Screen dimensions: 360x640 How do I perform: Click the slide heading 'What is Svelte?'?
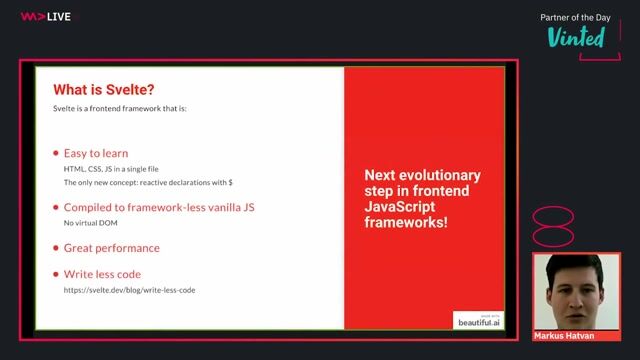103,87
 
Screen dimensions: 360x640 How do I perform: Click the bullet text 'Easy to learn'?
96,154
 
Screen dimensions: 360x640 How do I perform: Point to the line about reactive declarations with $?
148,183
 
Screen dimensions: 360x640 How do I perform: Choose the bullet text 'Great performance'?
111,247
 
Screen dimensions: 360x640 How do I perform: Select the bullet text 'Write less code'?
102,274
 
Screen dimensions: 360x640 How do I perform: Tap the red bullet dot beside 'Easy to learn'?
55,154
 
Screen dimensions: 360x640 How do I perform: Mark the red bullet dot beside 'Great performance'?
55,247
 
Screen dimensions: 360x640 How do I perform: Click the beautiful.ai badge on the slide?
474,318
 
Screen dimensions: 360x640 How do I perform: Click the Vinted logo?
576,37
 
